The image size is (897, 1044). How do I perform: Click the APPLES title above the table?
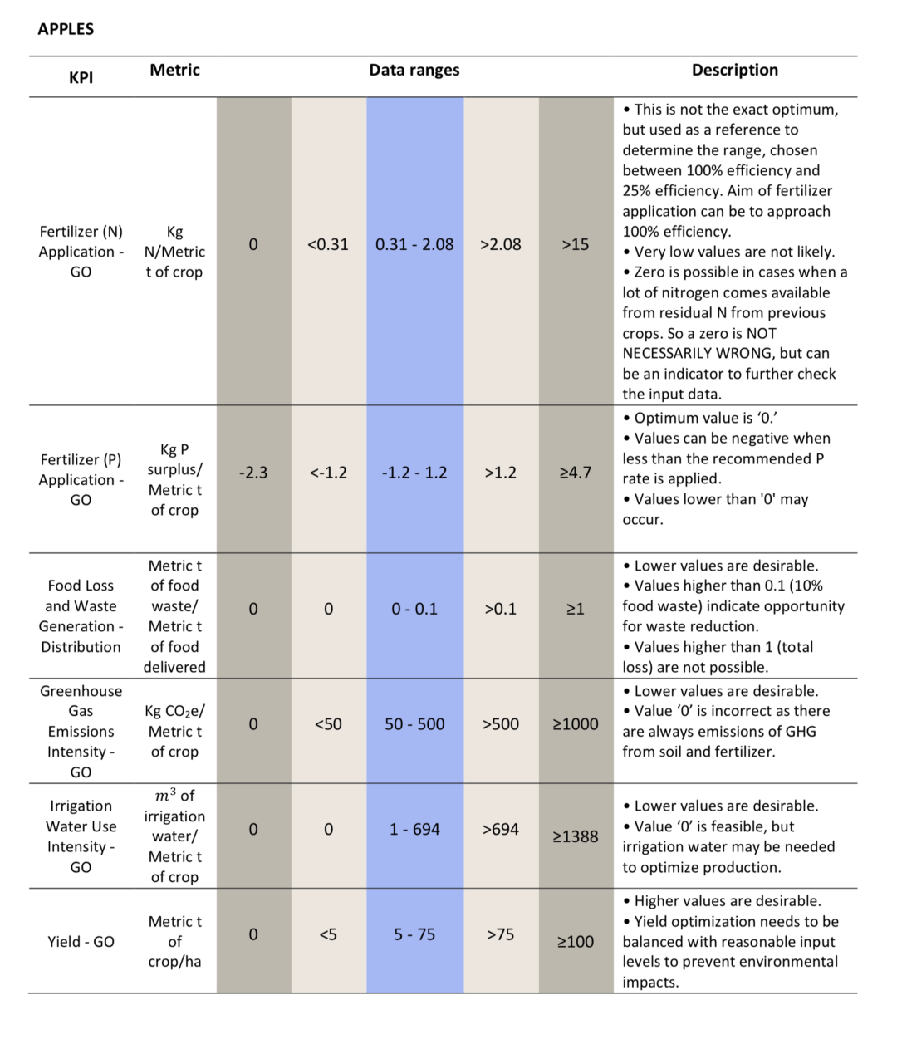[x=66, y=29]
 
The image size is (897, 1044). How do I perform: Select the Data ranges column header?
[x=414, y=70]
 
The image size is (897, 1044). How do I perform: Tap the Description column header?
[x=734, y=70]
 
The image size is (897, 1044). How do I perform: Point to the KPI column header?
[x=81, y=77]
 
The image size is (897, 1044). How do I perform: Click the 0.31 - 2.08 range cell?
[x=414, y=244]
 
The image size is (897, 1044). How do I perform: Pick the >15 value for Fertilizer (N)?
[x=576, y=244]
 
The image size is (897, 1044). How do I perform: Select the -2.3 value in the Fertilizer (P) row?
[x=253, y=473]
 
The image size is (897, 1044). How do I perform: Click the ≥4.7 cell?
[x=576, y=473]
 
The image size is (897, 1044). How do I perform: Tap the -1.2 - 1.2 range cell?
[x=414, y=473]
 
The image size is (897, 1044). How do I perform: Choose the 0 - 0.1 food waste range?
[x=414, y=609]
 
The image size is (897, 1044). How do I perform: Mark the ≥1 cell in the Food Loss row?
[x=576, y=609]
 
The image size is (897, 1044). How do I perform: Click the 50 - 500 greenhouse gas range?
[x=414, y=723]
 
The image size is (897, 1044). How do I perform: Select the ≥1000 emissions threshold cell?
[x=576, y=723]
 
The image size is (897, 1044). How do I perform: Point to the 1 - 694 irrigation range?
[x=414, y=829]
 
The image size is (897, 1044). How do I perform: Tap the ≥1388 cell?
[x=576, y=836]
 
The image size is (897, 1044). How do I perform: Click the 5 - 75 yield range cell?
[x=414, y=934]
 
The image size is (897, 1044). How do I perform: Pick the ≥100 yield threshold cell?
[x=576, y=942]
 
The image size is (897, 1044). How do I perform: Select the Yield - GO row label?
[x=81, y=942]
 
